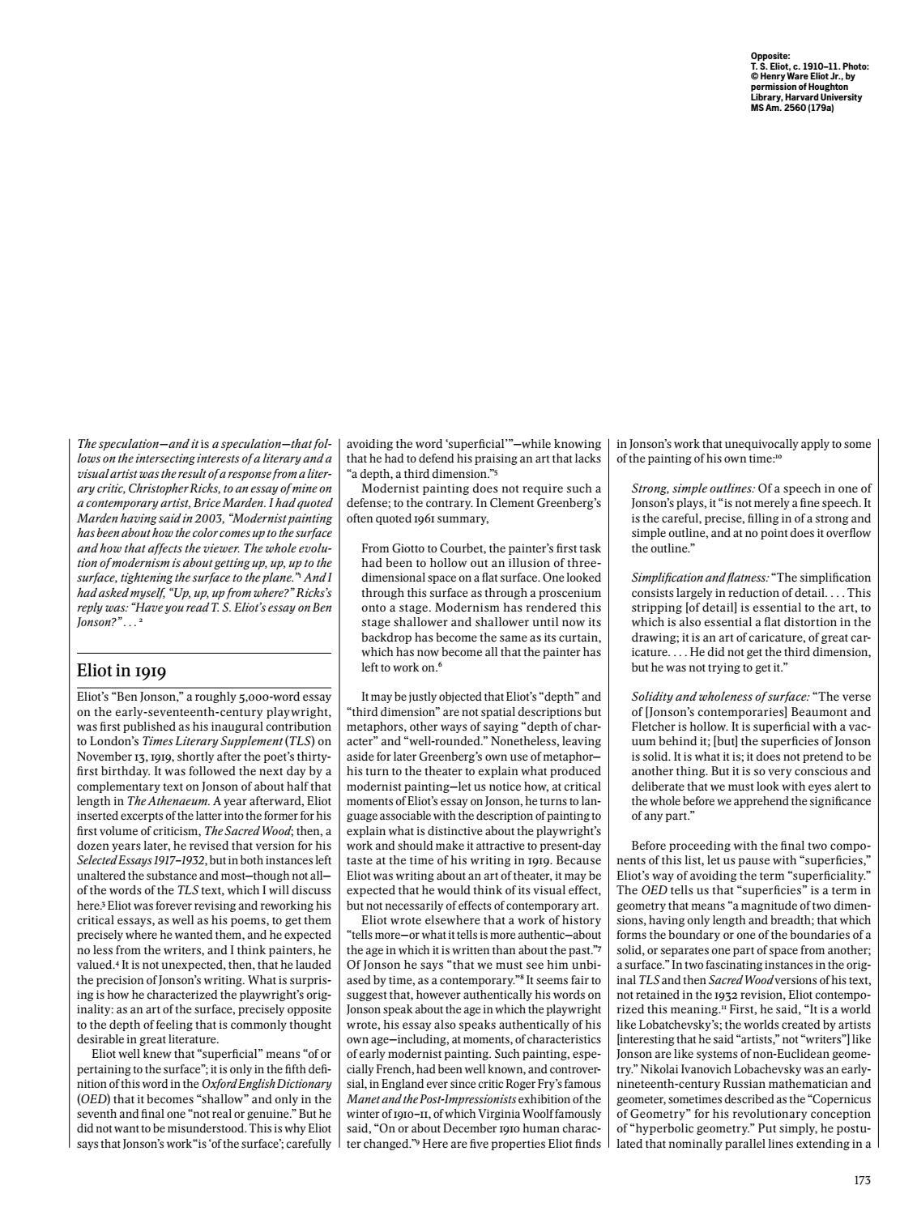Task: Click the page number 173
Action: point(862,1180)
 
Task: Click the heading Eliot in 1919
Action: point(122,671)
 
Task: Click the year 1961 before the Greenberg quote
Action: point(423,518)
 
